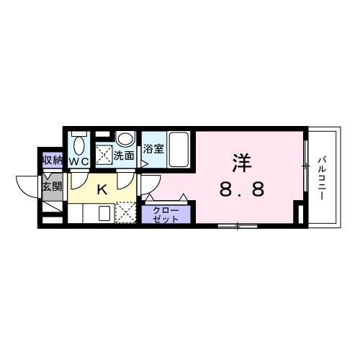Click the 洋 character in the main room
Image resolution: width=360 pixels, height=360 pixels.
coord(240,163)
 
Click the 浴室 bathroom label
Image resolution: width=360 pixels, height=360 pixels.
coord(152,150)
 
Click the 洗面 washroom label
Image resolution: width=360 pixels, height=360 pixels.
coord(125,155)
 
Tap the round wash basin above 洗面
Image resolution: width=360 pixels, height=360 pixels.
coord(125,139)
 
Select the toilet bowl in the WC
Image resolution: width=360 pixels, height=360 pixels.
coord(78,143)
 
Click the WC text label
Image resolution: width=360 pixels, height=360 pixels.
coord(79,162)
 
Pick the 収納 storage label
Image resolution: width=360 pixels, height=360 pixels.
coord(51,160)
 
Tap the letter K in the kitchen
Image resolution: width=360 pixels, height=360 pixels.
coord(102,190)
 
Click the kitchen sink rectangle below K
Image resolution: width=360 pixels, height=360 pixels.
coord(103,214)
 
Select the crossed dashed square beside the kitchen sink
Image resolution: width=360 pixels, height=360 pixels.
coord(125,214)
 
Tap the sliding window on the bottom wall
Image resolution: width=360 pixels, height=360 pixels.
coord(238,227)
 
